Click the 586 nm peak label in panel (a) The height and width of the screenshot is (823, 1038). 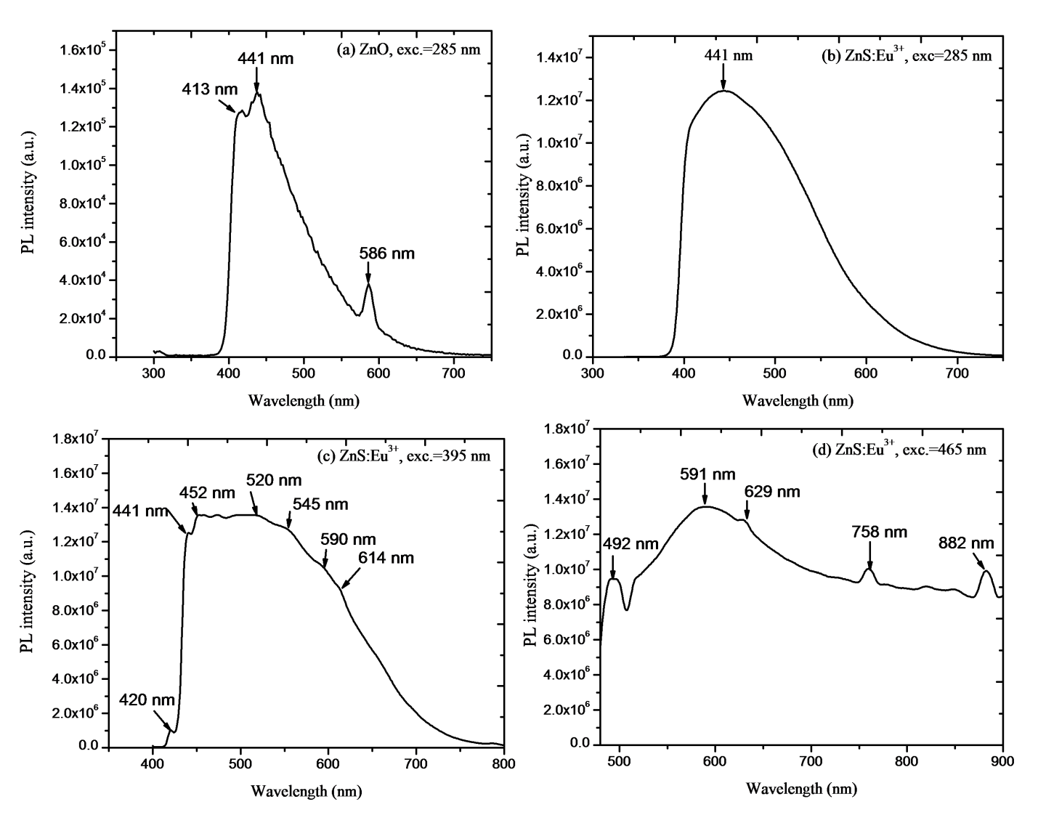pos(386,254)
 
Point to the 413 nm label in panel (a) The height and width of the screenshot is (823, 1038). pos(210,89)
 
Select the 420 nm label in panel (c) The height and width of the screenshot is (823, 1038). pos(147,700)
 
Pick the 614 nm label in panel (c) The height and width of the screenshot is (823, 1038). pos(386,558)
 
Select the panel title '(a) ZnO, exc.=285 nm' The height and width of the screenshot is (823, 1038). pos(408,50)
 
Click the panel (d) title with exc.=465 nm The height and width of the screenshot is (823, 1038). pos(899,449)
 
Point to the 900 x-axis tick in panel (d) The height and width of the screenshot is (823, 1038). pos(1002,761)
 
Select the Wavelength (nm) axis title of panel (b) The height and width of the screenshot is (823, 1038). pos(798,400)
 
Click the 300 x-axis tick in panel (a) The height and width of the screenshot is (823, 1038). pos(154,373)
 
